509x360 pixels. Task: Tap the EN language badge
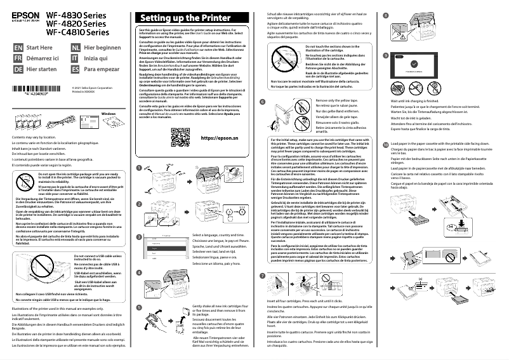click(x=17, y=48)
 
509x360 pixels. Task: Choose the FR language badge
click(x=17, y=58)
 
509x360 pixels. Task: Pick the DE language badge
click(x=17, y=68)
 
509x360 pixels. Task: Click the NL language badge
click(x=76, y=48)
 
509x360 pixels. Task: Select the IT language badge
click(x=76, y=58)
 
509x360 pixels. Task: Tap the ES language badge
click(x=76, y=68)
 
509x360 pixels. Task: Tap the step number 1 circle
click(x=139, y=150)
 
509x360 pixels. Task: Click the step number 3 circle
click(x=139, y=219)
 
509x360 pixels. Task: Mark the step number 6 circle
click(x=263, y=102)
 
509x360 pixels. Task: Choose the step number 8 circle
click(x=387, y=15)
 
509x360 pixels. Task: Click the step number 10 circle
click(x=387, y=126)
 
